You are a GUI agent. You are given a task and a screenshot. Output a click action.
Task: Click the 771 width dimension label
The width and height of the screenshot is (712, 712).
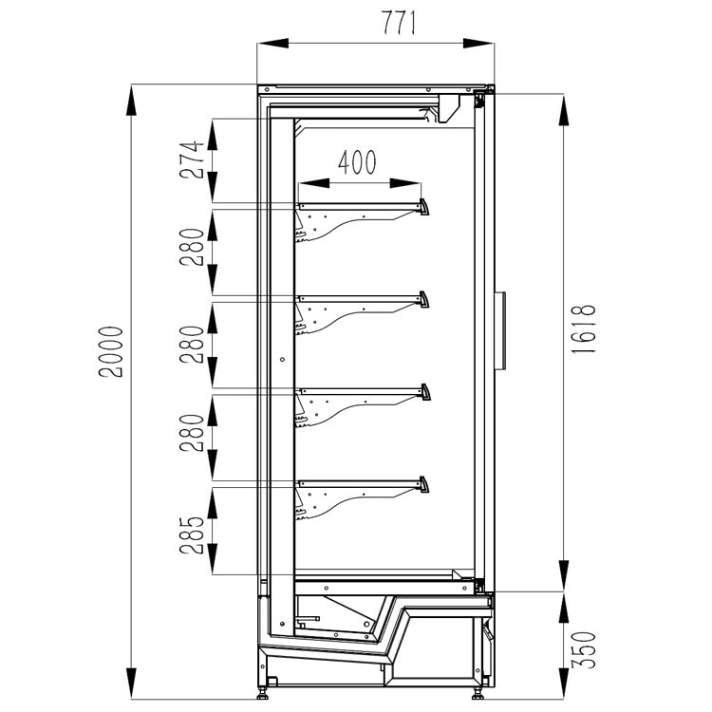tap(398, 22)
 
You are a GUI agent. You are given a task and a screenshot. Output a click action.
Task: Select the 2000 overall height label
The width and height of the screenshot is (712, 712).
tap(111, 351)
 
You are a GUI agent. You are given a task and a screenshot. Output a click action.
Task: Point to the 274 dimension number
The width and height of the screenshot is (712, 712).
tap(192, 159)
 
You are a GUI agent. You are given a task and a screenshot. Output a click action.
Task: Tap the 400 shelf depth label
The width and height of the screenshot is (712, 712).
tap(357, 162)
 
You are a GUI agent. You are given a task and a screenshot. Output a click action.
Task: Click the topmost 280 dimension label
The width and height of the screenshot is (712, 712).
tap(192, 247)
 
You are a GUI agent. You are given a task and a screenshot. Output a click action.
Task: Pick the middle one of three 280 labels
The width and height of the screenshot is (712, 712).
tap(192, 345)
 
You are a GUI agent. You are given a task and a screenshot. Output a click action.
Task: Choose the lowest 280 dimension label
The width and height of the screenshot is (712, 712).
tap(192, 433)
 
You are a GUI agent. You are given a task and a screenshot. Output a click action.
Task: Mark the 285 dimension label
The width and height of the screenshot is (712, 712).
tap(192, 535)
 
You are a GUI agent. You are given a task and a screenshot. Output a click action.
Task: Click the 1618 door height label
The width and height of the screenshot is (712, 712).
tap(583, 329)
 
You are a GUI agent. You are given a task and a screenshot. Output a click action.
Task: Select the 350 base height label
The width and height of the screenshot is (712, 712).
tap(583, 649)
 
